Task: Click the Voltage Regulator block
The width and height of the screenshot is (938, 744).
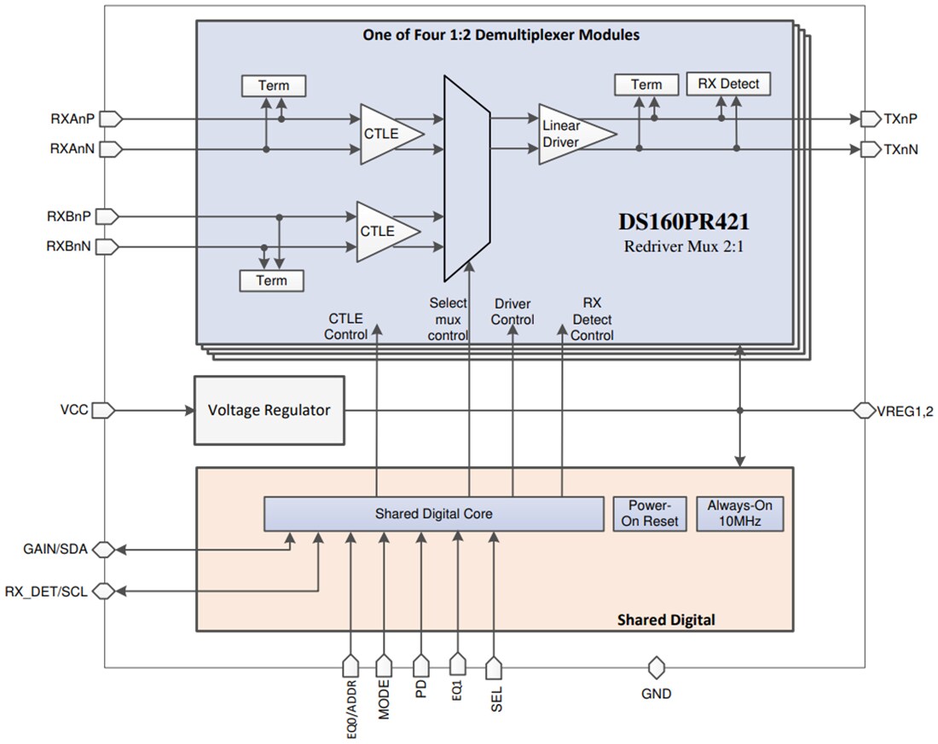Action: coord(269,410)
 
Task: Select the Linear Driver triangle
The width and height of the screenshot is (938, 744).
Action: coord(571,134)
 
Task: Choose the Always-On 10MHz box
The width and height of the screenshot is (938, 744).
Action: coord(739,513)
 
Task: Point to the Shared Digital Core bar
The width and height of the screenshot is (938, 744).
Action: coord(433,514)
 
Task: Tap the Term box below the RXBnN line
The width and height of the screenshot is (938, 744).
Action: coord(272,280)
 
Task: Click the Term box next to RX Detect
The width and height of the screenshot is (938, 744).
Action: coord(646,84)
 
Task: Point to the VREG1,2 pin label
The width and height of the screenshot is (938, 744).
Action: coord(906,410)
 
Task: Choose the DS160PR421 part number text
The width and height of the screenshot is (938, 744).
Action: coord(683,223)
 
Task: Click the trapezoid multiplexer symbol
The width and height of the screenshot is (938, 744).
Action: coord(466,177)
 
